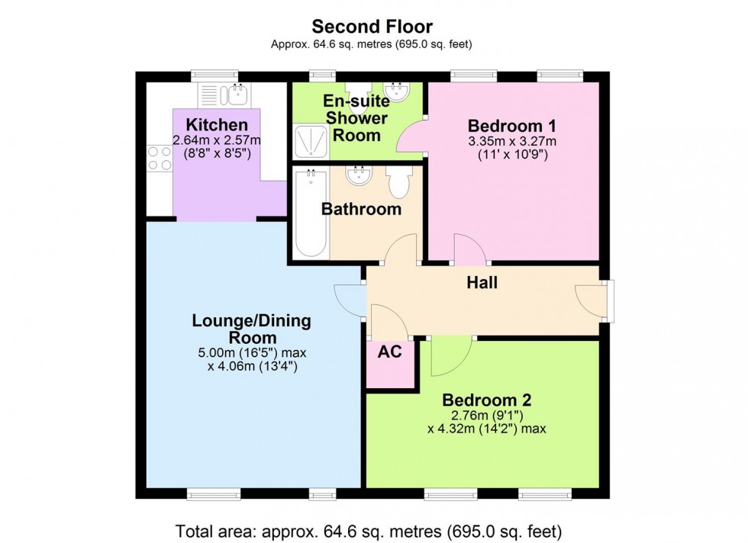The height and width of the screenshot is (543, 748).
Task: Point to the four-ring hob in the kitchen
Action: coord(160,158)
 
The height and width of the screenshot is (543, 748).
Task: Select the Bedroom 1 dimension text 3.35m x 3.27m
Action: coord(511,141)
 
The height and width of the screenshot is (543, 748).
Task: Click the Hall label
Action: coord(482,283)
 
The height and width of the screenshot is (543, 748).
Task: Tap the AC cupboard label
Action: coord(390,353)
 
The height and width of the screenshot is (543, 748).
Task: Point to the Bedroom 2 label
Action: coord(487,400)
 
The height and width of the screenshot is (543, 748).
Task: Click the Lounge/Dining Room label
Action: coord(251,329)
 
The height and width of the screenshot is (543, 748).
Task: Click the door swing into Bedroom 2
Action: coord(449,355)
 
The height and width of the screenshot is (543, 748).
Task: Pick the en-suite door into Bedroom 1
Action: coord(411,138)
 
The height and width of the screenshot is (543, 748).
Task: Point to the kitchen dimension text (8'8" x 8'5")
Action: coord(217,153)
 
